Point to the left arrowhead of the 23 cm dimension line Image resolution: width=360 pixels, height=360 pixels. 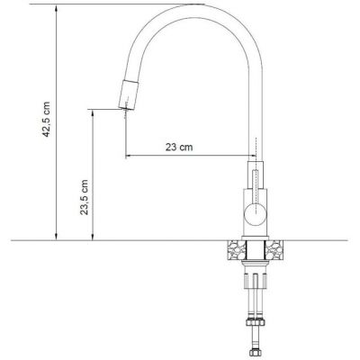point(127,156)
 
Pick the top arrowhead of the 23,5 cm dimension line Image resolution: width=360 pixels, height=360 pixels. point(93,112)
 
